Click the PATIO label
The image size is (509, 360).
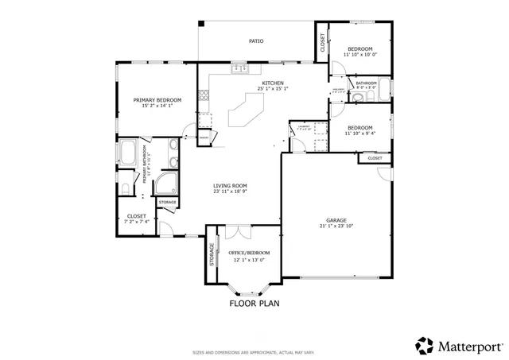point(255,41)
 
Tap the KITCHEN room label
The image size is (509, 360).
point(272,83)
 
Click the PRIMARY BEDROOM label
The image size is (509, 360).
point(157,99)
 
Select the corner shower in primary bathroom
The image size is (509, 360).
point(166,185)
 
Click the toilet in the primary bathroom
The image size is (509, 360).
point(125,188)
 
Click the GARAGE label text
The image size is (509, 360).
point(336,220)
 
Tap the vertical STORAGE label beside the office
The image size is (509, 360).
point(212,254)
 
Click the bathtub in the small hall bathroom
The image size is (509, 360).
point(385,87)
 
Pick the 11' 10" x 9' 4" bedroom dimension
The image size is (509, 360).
point(359,134)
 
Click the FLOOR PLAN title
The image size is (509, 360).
point(254,303)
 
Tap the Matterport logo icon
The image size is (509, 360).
point(425,346)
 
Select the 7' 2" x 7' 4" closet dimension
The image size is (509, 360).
point(136,222)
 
